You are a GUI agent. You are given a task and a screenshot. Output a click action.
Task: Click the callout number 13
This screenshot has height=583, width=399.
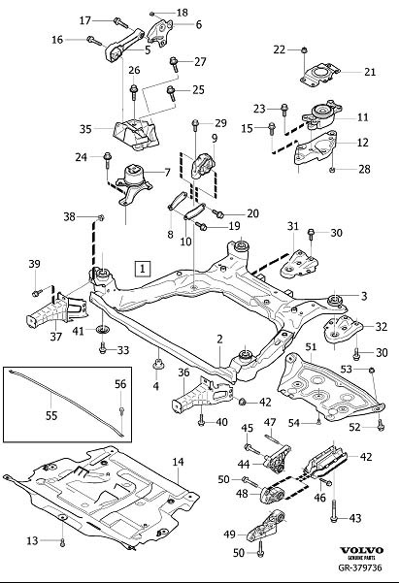coord(32,539)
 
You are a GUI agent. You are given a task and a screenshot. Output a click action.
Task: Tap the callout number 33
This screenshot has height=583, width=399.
coord(122,349)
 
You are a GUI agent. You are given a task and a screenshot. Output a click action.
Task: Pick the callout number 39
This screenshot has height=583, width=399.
coord(34,265)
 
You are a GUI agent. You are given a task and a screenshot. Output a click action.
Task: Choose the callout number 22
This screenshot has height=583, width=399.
coord(279,49)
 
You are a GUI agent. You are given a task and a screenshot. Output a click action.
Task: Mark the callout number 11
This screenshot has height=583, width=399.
coord(363,117)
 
